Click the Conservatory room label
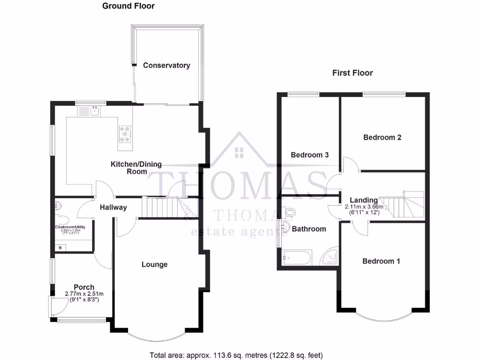coord(166,65)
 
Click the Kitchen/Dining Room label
coord(136,168)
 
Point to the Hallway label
coord(113,207)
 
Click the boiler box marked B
coord(60,247)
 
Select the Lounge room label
coord(154,264)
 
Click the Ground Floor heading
coord(128,6)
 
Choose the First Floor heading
coord(352,73)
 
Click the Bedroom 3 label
coord(309,155)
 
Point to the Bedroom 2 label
coord(382,137)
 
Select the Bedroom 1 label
coord(381,261)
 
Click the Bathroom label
coord(308,229)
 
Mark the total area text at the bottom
coord(236,355)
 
